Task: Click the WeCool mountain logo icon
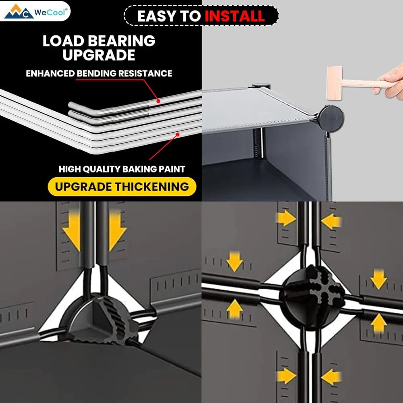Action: pyautogui.click(x=19, y=12)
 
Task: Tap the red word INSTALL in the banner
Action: pyautogui.click(x=235, y=16)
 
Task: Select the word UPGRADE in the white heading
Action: pyautogui.click(x=99, y=55)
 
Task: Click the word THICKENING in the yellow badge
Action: pyautogui.click(x=152, y=187)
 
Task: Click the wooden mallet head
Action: pyautogui.click(x=334, y=83)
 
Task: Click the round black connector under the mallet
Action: pyautogui.click(x=331, y=119)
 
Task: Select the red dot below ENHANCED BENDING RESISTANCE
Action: pyautogui.click(x=158, y=101)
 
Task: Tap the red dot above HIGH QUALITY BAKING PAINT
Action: pyautogui.click(x=177, y=135)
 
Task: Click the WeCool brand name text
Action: pyautogui.click(x=51, y=12)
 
